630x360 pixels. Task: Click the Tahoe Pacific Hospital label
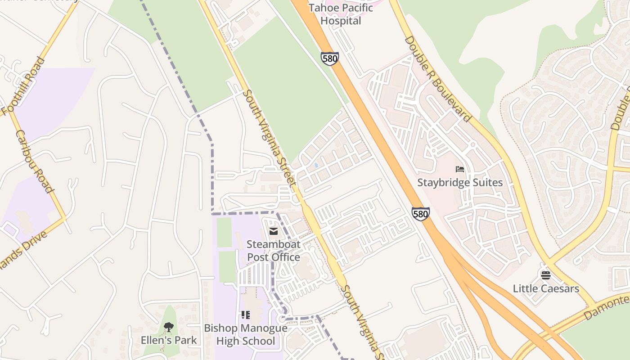coord(341,14)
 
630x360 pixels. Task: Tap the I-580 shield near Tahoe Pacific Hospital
coord(329,58)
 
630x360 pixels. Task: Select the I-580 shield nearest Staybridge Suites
coord(420,214)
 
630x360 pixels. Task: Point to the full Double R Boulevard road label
coord(437,79)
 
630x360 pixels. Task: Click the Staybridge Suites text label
coord(459,182)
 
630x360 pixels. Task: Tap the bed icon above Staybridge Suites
coord(459,169)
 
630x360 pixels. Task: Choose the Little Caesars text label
coord(545,288)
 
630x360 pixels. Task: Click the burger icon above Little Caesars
coord(545,275)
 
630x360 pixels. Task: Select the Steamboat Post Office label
coord(273,251)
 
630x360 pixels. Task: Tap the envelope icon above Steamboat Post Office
coord(273,231)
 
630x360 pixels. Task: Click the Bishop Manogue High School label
coord(246,334)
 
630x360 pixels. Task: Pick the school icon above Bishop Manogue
coord(246,315)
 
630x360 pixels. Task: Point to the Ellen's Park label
coord(169,340)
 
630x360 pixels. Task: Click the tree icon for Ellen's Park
coord(169,327)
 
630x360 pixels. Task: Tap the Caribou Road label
coord(34,161)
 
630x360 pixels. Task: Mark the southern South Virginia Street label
coord(363,322)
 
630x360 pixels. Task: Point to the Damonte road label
coord(607,306)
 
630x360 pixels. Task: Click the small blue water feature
coord(316,166)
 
